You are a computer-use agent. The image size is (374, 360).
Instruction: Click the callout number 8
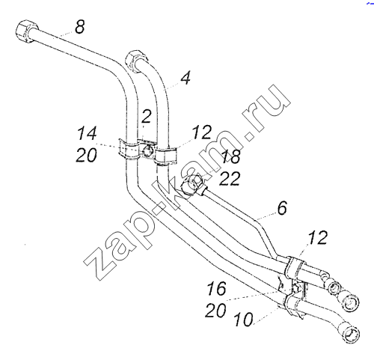(80, 26)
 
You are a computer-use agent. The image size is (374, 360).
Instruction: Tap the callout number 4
(186, 78)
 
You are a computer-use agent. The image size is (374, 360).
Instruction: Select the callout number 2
(146, 116)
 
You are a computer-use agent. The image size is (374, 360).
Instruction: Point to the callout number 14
(87, 133)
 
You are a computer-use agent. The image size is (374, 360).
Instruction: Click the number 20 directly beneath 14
(86, 155)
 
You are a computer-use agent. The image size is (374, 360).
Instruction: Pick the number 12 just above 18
(202, 132)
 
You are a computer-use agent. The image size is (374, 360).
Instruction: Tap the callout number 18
(231, 156)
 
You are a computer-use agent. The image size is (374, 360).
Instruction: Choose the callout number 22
(230, 178)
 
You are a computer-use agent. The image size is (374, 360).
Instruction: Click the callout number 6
(282, 208)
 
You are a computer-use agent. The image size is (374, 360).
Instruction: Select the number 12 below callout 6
(318, 237)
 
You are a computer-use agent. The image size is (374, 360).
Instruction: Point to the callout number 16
(216, 288)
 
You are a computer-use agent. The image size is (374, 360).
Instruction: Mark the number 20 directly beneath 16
(215, 310)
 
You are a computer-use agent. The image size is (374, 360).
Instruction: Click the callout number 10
(244, 320)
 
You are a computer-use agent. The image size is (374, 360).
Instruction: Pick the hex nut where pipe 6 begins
(192, 186)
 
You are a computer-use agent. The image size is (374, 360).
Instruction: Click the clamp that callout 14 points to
(128, 150)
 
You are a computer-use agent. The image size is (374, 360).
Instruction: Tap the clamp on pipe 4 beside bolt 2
(166, 156)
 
